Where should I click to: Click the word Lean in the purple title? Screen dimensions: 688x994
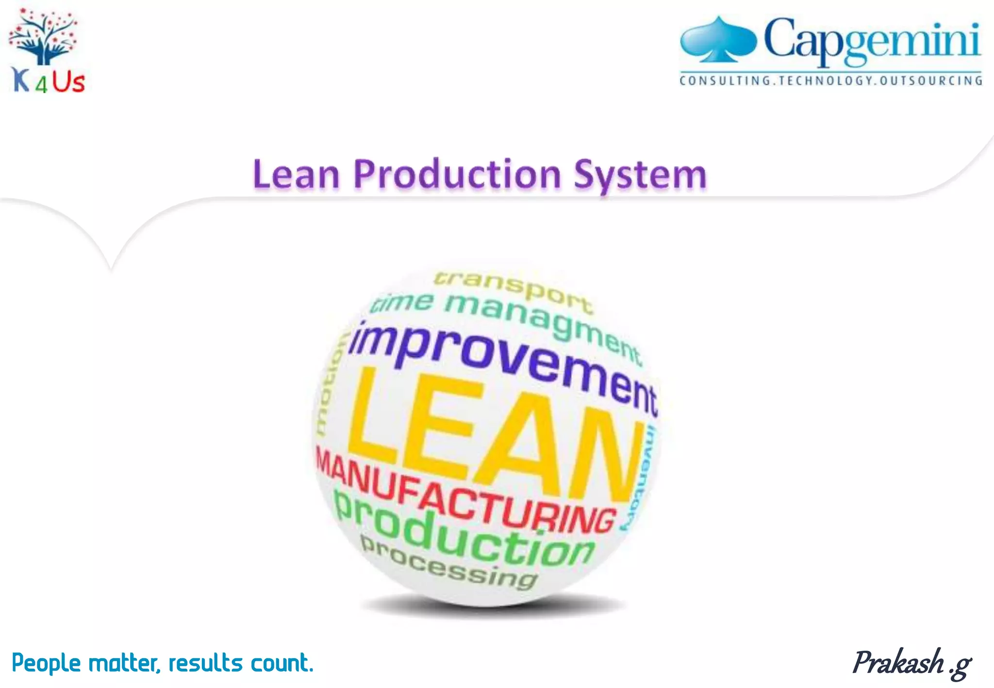click(296, 174)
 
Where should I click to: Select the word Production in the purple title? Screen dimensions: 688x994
click(457, 174)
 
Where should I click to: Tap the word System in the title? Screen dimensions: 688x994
click(640, 175)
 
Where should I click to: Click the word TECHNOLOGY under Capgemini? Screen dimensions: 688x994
click(824, 81)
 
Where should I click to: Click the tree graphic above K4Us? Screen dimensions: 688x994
click(44, 37)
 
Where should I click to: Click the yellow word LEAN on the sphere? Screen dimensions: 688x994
click(490, 437)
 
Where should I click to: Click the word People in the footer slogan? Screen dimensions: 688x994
click(46, 663)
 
